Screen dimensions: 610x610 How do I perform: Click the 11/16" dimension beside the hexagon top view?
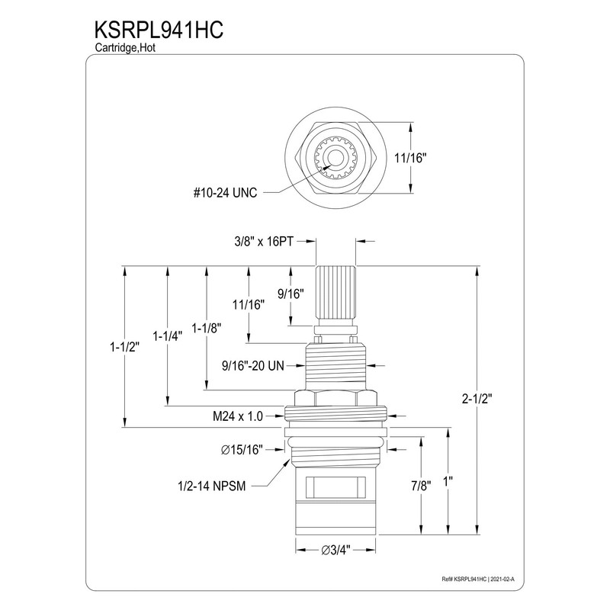tap(413, 158)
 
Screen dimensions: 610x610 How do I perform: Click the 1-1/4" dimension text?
tap(167, 335)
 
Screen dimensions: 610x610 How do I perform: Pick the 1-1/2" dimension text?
tap(124, 346)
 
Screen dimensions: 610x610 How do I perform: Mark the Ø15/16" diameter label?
tap(242, 450)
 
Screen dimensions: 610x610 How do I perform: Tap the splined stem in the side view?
tap(335, 294)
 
